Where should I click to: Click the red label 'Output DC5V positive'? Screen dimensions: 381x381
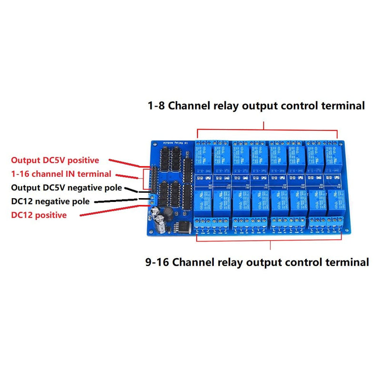(55, 160)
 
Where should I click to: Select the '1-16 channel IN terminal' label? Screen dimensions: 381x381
(61, 174)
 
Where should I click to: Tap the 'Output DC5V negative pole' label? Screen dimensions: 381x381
(66, 188)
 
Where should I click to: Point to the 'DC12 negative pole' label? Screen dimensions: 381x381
(50, 201)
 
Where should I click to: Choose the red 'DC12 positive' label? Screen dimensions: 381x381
(39, 215)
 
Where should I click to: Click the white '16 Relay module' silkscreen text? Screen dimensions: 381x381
(175, 142)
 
